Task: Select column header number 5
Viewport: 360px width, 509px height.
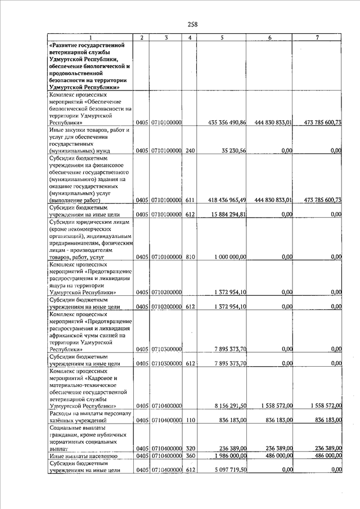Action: click(x=223, y=38)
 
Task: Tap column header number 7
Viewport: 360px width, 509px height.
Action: click(x=318, y=38)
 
